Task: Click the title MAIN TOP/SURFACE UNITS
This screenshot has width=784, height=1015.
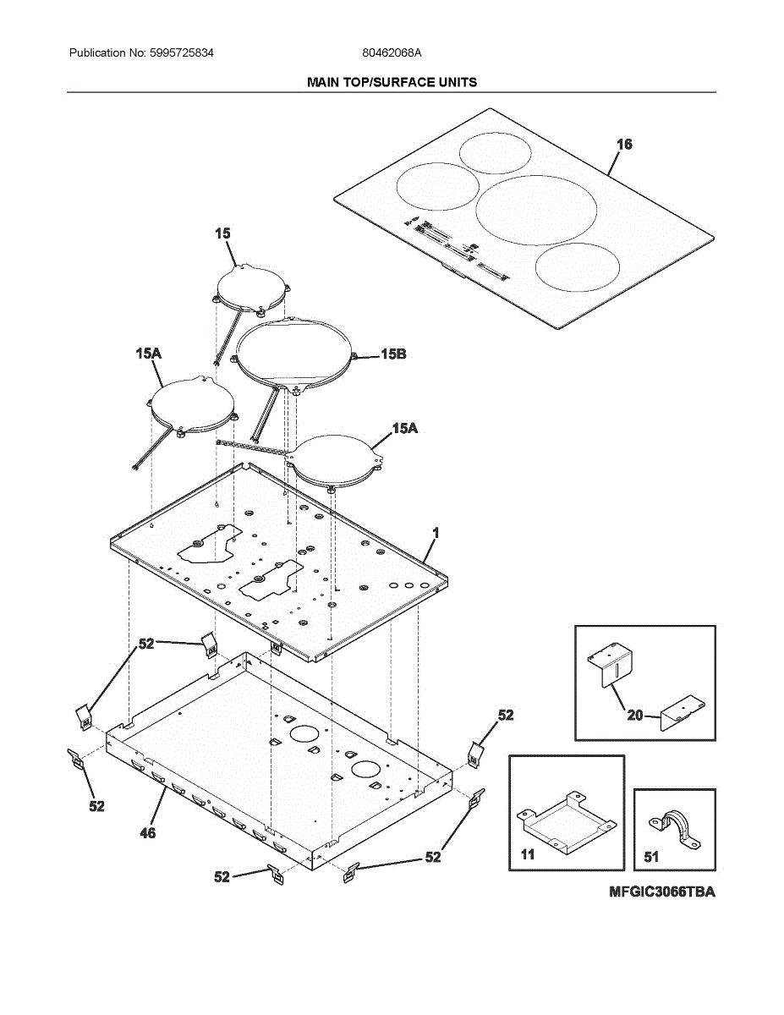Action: click(392, 82)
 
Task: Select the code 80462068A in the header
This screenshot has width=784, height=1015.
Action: click(392, 52)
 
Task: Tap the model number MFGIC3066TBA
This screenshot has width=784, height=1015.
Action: click(661, 892)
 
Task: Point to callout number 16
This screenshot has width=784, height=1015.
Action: click(623, 145)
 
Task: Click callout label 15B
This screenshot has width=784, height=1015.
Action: click(392, 354)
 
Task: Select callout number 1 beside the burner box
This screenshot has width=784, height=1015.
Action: click(436, 533)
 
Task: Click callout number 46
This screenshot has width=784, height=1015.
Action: click(147, 833)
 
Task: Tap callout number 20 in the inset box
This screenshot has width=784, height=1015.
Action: click(634, 716)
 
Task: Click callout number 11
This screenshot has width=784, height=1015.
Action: click(528, 855)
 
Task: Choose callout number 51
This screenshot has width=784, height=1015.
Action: click(651, 857)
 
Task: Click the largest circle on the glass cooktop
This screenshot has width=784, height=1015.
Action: click(535, 210)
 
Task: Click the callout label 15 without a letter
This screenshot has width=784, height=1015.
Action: click(222, 233)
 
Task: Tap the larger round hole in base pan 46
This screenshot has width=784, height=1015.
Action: click(303, 735)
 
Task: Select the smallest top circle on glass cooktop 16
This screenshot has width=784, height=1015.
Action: click(496, 153)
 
